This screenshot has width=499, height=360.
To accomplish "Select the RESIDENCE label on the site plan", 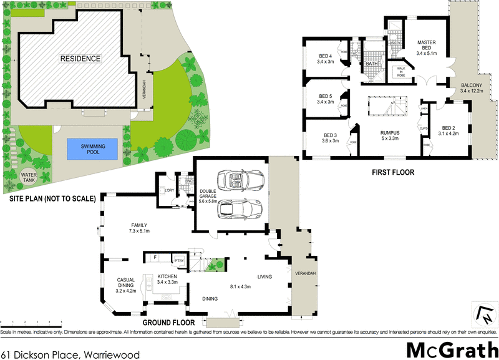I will (80, 59).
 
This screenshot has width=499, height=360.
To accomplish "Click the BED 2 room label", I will (448, 129).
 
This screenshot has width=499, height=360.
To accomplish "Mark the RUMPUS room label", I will (390, 136).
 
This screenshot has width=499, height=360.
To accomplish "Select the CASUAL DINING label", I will (126, 284).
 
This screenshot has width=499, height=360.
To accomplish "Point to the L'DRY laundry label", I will (168, 190).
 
